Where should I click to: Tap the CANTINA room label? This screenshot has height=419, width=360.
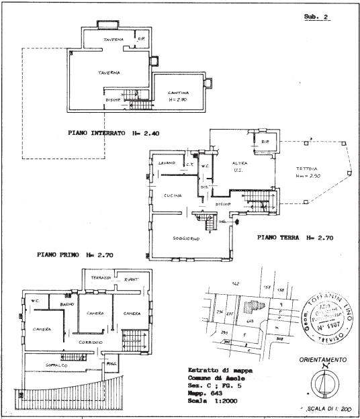pos(177,93)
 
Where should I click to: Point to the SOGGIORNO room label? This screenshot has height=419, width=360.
pos(184,238)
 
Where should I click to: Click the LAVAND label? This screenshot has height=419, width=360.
pos(167,163)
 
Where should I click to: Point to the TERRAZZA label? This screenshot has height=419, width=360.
pos(102,278)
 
